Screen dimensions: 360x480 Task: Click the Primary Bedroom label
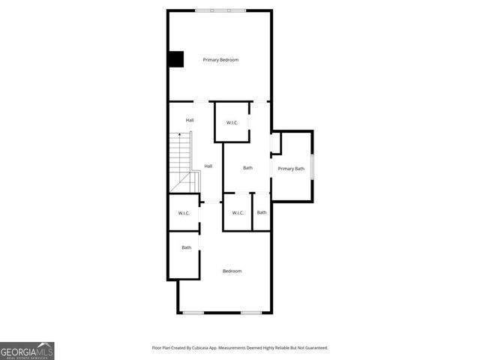[x=220, y=60]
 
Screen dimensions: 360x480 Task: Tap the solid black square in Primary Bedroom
[x=175, y=58]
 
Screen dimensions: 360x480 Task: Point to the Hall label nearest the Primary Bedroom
[x=190, y=120]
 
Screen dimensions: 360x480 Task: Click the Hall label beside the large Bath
[x=208, y=166]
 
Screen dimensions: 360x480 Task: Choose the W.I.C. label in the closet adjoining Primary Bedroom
[x=232, y=121]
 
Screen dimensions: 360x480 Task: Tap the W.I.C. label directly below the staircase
[x=184, y=214]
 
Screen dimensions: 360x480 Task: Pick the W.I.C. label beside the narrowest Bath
[x=238, y=213]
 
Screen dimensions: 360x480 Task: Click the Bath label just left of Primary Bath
[x=247, y=168]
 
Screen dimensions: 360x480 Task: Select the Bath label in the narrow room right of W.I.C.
[x=262, y=212]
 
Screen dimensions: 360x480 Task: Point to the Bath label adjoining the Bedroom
[x=186, y=247]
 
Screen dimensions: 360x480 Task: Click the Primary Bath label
[x=291, y=169]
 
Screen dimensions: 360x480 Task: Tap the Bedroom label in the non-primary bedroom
[x=232, y=271]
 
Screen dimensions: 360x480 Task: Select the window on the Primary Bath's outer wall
[x=312, y=166]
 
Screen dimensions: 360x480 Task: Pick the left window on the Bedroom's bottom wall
[x=193, y=313]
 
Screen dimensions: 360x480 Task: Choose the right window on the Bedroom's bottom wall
[x=250, y=313]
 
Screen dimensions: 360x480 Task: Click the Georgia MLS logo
[x=27, y=351]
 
